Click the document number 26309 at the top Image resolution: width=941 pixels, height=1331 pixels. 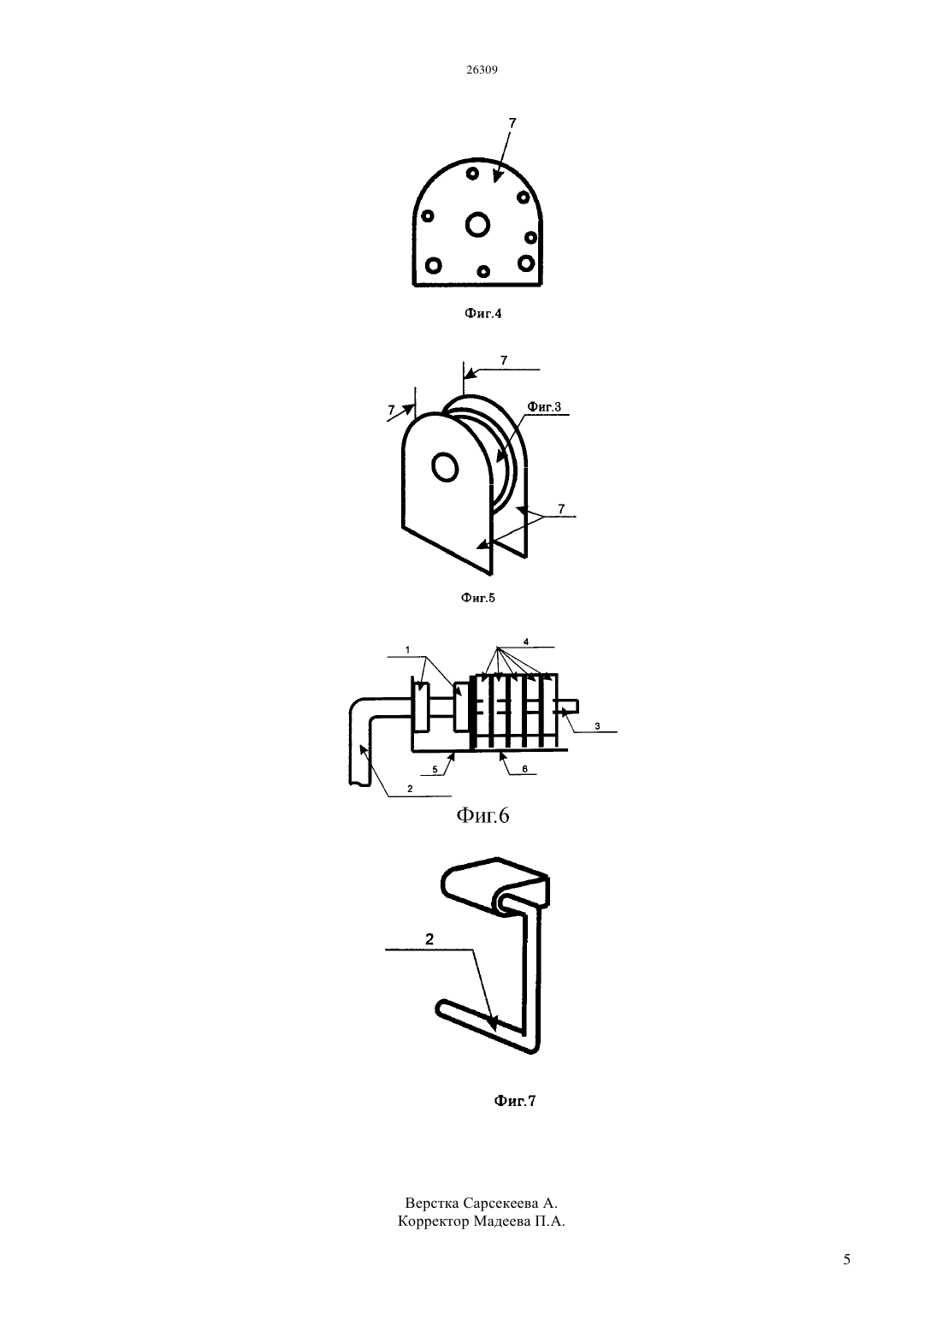[482, 69]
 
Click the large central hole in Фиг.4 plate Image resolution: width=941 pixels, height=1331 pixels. [477, 225]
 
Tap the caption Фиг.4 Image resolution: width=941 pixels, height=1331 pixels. [483, 313]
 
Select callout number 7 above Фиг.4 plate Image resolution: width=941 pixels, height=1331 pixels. [512, 123]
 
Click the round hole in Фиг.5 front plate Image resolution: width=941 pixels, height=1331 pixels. [445, 468]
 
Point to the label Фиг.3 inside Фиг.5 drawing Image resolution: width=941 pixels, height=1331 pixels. [544, 407]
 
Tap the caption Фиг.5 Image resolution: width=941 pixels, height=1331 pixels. [478, 598]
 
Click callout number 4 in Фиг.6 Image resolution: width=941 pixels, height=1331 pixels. [526, 642]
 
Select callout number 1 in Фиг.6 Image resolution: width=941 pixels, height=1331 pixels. [407, 650]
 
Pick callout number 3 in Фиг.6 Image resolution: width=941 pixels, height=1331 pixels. [597, 726]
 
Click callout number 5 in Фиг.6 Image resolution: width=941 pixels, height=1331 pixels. [435, 770]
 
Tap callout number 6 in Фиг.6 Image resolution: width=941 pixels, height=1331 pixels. [524, 769]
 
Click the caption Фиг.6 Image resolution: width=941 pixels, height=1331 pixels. [483, 816]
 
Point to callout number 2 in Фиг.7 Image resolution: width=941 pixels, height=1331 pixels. [429, 939]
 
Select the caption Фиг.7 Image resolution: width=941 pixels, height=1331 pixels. [514, 1101]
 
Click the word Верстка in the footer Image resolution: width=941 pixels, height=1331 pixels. [432, 1204]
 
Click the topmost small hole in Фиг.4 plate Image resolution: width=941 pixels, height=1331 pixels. [472, 174]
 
